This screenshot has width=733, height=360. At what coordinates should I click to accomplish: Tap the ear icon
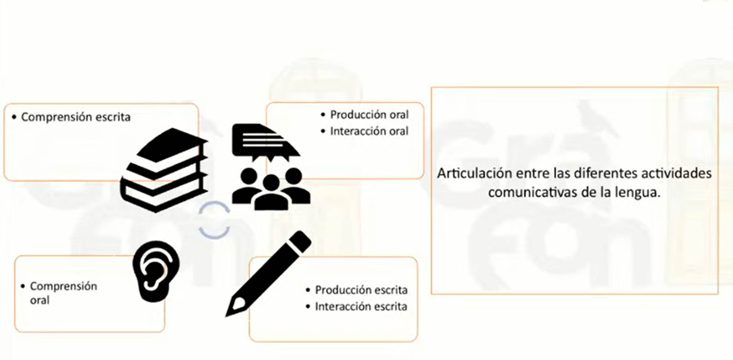[x=156, y=271]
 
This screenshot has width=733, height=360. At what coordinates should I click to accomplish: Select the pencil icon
[x=268, y=273]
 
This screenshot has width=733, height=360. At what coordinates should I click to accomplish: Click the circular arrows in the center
[x=214, y=220]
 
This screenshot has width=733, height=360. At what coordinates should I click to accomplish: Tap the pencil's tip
[x=229, y=313]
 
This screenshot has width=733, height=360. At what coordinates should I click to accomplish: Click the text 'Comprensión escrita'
[x=76, y=117]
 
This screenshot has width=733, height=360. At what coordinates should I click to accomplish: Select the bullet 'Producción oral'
[x=369, y=115]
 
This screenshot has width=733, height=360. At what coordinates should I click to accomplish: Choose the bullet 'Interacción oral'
[x=369, y=131]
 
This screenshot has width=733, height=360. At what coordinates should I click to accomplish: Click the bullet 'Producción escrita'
[x=361, y=290]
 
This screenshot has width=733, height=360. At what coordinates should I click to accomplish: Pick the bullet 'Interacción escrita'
[x=361, y=307]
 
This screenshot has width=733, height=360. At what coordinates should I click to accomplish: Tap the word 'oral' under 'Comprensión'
[x=40, y=300]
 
